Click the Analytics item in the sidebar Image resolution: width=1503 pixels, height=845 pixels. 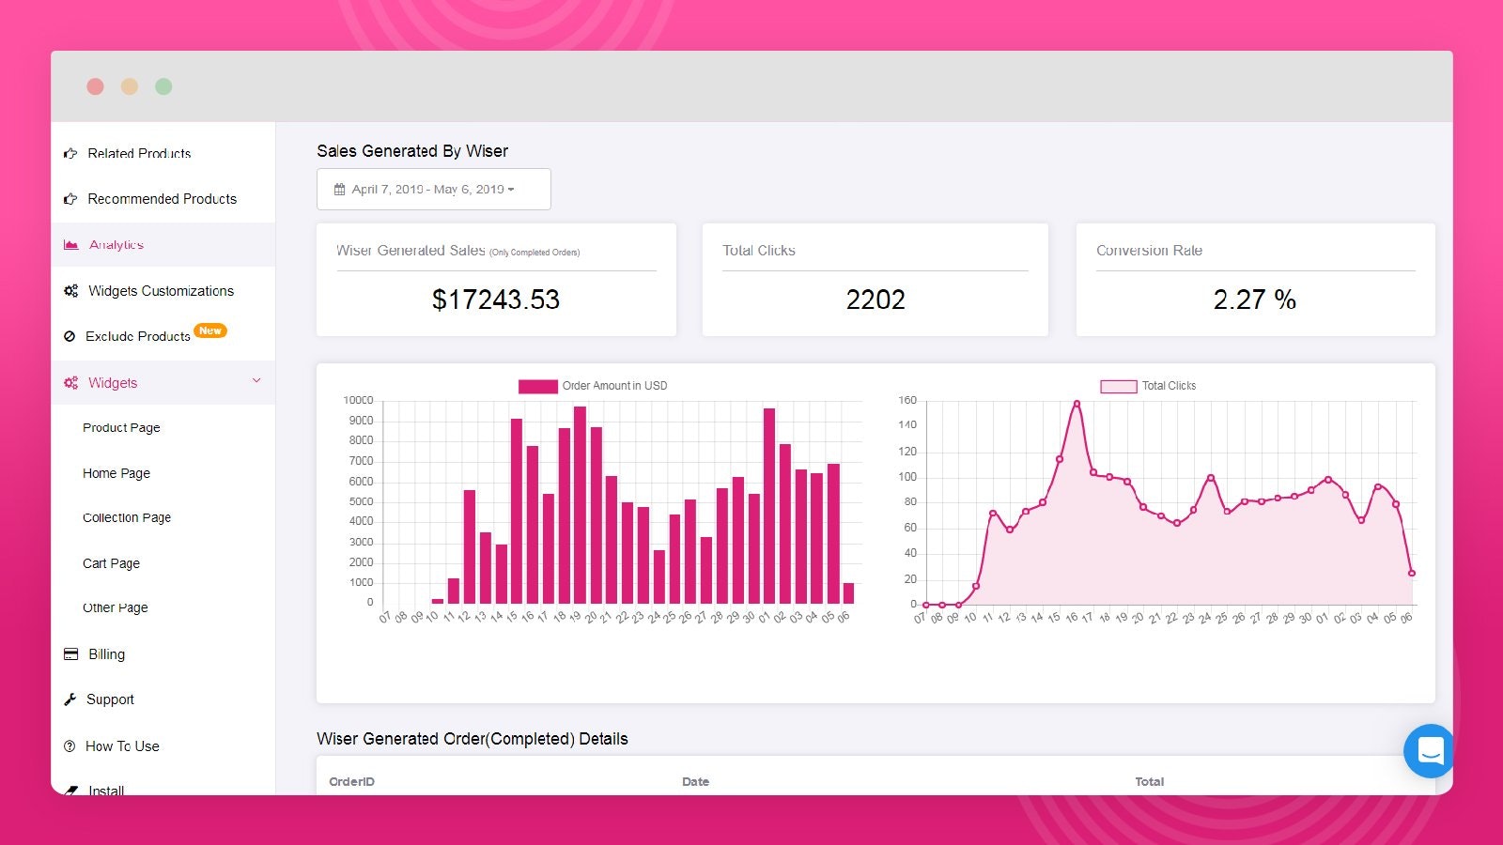point(116,245)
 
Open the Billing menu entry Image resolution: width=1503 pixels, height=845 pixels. point(106,654)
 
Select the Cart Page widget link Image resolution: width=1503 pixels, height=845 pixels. point(111,563)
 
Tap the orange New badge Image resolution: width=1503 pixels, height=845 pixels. point(210,330)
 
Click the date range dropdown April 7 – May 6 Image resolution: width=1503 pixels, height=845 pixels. point(433,190)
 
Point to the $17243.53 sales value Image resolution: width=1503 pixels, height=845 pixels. point(495,300)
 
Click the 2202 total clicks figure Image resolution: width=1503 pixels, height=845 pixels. point(875,300)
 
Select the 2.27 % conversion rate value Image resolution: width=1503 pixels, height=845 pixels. point(1254,300)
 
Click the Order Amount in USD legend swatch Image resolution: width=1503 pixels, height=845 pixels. point(537,386)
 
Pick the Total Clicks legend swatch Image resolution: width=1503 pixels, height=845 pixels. point(1118,386)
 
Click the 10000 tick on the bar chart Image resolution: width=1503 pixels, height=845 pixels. point(358,401)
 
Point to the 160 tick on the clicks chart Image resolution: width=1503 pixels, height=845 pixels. point(907,401)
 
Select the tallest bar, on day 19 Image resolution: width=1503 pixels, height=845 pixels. point(580,504)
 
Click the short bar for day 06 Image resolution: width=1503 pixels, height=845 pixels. point(848,593)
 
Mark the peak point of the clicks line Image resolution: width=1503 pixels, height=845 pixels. point(1077,404)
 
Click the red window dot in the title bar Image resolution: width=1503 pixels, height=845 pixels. point(95,86)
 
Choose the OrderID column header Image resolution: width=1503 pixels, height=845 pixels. point(351,781)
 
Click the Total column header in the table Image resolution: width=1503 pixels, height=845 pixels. point(1149,781)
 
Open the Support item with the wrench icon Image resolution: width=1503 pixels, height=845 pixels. point(110,699)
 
